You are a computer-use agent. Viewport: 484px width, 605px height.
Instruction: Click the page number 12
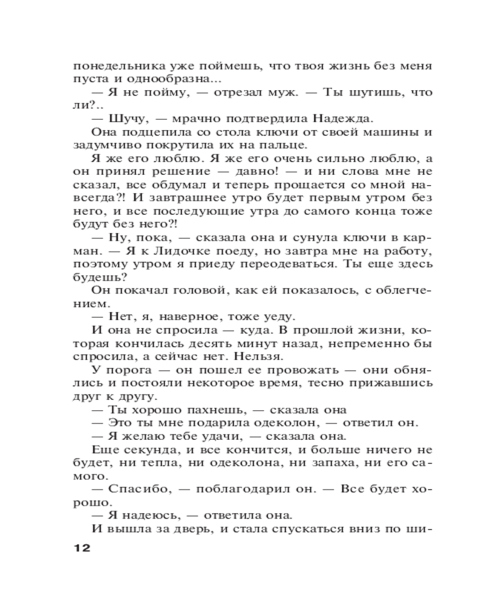click(80, 549)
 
